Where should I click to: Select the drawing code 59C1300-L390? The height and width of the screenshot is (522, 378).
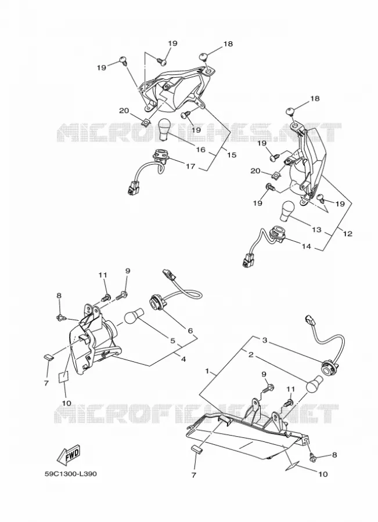click(x=71, y=473)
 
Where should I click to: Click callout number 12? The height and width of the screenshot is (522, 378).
click(x=347, y=234)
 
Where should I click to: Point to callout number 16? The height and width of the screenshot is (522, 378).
click(x=201, y=150)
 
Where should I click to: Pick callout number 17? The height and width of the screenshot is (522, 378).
click(x=190, y=166)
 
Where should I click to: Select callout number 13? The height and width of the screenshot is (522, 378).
click(x=316, y=229)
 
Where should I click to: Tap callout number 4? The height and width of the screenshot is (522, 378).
click(x=183, y=359)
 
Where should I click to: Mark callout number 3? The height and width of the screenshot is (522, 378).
click(x=264, y=340)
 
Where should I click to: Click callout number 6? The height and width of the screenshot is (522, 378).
click(x=190, y=331)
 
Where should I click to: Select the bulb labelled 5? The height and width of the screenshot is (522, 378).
click(x=134, y=316)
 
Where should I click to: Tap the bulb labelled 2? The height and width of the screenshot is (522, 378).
click(x=315, y=383)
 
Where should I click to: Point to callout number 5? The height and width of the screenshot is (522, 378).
click(x=172, y=340)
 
